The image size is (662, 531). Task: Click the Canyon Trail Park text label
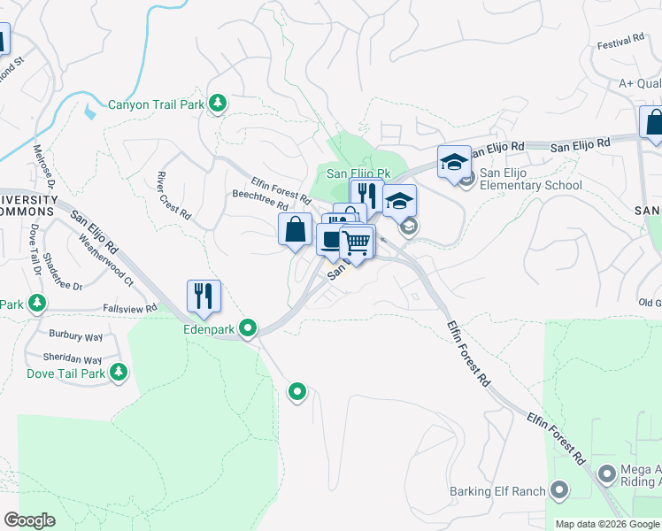pos(156,104)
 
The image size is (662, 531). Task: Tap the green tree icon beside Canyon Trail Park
pos(218,104)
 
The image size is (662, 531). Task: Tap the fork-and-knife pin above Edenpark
pos(204,296)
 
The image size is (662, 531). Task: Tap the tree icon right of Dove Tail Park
pos(119,373)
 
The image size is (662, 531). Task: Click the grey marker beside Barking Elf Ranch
pos(559,489)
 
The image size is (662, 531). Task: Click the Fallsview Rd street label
pos(130,308)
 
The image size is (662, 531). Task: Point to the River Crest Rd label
pos(173,195)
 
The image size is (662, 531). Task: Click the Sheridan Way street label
pos(73,360)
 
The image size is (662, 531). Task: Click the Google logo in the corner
pos(29,520)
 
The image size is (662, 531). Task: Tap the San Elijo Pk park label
pos(358,173)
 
